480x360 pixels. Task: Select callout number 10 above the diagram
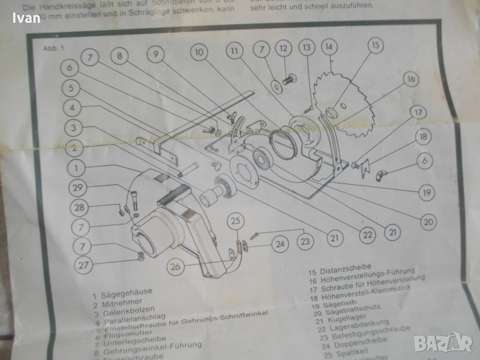click(x=200, y=52)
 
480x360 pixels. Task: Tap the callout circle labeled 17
click(x=418, y=112)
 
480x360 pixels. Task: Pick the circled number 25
click(x=236, y=221)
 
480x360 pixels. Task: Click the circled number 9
click(x=155, y=55)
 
